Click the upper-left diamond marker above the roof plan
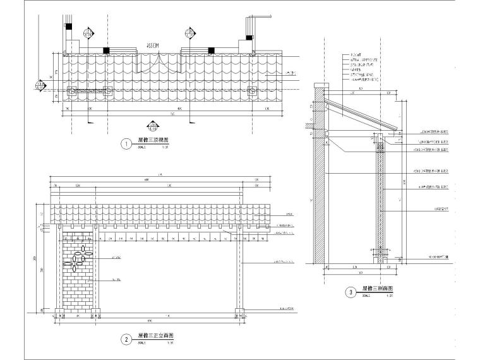[x=88, y=32]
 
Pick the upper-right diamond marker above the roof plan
[x=189, y=32]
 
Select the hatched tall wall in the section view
[x=319, y=189]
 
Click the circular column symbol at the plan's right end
[x=252, y=91]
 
